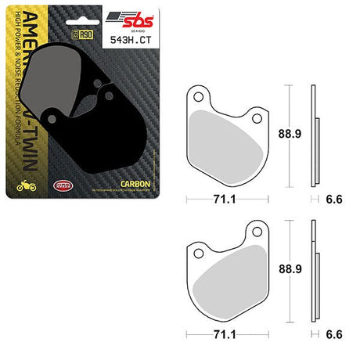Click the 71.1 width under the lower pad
pos(223,334)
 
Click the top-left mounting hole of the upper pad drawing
pos(200,97)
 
